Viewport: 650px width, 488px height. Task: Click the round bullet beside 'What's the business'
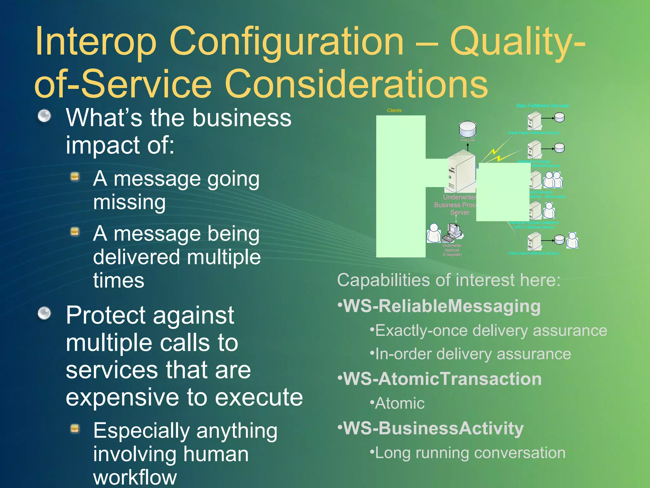(x=44, y=116)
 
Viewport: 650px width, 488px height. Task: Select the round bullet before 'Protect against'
(x=44, y=313)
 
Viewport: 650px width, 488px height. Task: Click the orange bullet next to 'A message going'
(x=75, y=176)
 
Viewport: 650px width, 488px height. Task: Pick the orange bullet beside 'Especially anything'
(x=75, y=429)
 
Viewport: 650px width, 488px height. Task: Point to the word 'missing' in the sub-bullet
(x=129, y=202)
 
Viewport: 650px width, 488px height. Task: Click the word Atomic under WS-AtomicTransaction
(x=400, y=403)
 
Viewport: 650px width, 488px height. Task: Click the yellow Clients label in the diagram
(x=394, y=111)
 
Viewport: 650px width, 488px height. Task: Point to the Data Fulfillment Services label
(x=542, y=105)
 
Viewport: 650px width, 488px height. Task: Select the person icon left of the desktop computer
(x=434, y=233)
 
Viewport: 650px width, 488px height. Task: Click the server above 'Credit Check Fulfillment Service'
(x=534, y=120)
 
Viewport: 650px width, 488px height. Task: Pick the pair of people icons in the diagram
(x=553, y=180)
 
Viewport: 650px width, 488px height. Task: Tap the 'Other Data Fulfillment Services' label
(x=533, y=253)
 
